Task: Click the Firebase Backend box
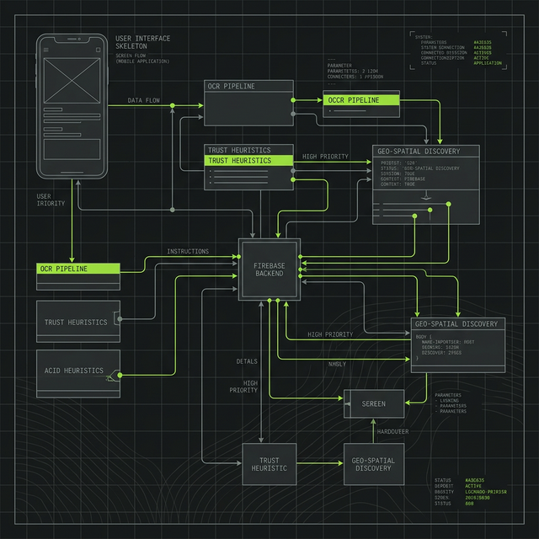(x=269, y=269)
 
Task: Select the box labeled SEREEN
(x=373, y=403)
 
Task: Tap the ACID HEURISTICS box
(x=77, y=371)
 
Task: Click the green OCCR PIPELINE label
(x=363, y=100)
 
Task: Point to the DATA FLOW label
(x=145, y=100)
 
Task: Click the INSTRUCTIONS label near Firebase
(x=188, y=251)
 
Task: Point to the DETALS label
(x=247, y=361)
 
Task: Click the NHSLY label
(x=337, y=364)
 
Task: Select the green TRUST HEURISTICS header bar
(x=249, y=160)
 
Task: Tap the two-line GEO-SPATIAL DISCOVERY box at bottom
(x=372, y=463)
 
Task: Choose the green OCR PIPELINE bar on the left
(x=78, y=269)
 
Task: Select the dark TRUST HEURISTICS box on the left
(x=77, y=322)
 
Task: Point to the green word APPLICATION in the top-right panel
(x=488, y=63)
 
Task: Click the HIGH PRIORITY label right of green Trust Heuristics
(x=325, y=157)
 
